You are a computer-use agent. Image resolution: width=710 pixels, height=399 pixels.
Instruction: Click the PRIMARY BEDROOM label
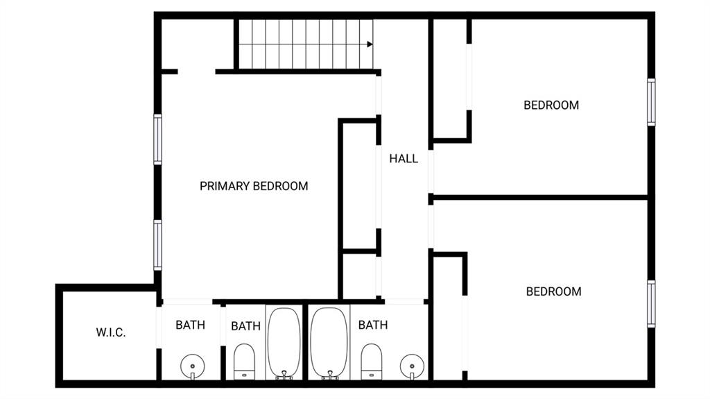coord(254,186)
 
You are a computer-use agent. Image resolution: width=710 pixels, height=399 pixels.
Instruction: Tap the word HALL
coord(404,159)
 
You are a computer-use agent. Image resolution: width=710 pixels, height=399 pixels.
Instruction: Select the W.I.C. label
coord(111,332)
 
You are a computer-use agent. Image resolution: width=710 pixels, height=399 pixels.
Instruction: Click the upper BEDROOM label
coord(551,105)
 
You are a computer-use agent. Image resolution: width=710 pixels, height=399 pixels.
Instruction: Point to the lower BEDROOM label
coord(553,291)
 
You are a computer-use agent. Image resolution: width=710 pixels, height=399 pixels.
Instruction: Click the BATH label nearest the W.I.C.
coord(190,325)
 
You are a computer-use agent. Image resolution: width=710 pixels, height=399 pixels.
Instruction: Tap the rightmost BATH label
coord(372,325)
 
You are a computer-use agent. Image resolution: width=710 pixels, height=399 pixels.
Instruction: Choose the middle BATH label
coord(245,326)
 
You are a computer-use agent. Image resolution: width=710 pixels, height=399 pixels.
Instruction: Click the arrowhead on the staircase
coord(370,44)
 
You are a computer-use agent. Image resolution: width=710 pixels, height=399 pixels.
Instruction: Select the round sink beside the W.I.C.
coord(193,366)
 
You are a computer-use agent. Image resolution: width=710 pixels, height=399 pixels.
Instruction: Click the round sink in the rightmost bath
coord(412,366)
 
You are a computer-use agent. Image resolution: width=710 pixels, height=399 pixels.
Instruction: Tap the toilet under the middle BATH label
coord(244,362)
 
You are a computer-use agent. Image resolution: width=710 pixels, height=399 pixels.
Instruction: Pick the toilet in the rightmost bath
coord(372,362)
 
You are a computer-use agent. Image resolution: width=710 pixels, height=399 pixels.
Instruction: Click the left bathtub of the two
coord(284,343)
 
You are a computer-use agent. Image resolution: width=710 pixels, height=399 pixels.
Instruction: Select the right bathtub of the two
coord(329,343)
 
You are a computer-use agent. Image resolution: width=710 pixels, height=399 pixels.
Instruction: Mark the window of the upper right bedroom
coord(651,102)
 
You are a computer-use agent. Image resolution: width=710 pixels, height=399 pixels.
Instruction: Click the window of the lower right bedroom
coord(651,303)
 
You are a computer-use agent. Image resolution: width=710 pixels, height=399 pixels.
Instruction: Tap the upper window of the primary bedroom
coord(157,139)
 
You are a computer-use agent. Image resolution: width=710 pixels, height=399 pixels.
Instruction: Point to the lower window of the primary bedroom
coord(157,245)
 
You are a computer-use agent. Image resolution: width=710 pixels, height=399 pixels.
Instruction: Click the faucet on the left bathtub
coord(284,375)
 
